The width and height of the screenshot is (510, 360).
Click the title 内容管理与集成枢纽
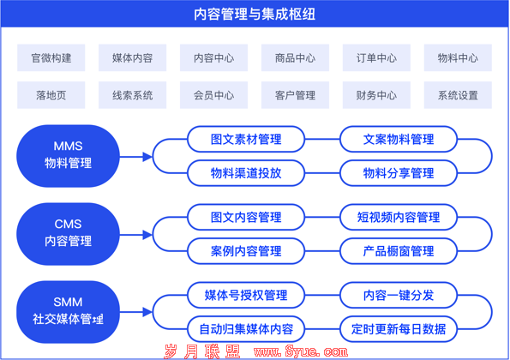(x=255, y=15)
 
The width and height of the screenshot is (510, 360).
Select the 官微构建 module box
(x=51, y=58)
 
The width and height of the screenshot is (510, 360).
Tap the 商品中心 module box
(x=295, y=58)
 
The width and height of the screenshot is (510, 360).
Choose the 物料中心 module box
(x=458, y=58)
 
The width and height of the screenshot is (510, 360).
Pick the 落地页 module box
(x=51, y=95)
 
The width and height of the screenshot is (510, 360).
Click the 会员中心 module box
(x=213, y=95)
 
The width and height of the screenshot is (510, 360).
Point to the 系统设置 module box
(x=458, y=95)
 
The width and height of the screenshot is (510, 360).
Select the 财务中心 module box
(x=376, y=95)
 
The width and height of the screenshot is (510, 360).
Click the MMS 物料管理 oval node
(x=68, y=156)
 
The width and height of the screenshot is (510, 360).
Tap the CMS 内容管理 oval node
(x=68, y=234)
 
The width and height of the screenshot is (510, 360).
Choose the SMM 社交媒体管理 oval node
(x=68, y=312)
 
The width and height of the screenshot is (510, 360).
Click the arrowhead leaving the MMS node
(x=147, y=157)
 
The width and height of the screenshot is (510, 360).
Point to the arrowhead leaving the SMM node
(x=147, y=312)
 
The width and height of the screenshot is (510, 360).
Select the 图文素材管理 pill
(x=246, y=139)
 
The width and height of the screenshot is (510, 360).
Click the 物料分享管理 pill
(x=399, y=173)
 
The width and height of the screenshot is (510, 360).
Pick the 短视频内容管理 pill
(x=399, y=217)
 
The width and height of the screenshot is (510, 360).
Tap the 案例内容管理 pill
(x=246, y=251)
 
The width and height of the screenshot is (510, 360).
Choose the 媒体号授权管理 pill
(x=246, y=295)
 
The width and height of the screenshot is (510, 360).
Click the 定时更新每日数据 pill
(x=399, y=329)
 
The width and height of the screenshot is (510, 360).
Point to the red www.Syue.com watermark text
(x=301, y=351)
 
